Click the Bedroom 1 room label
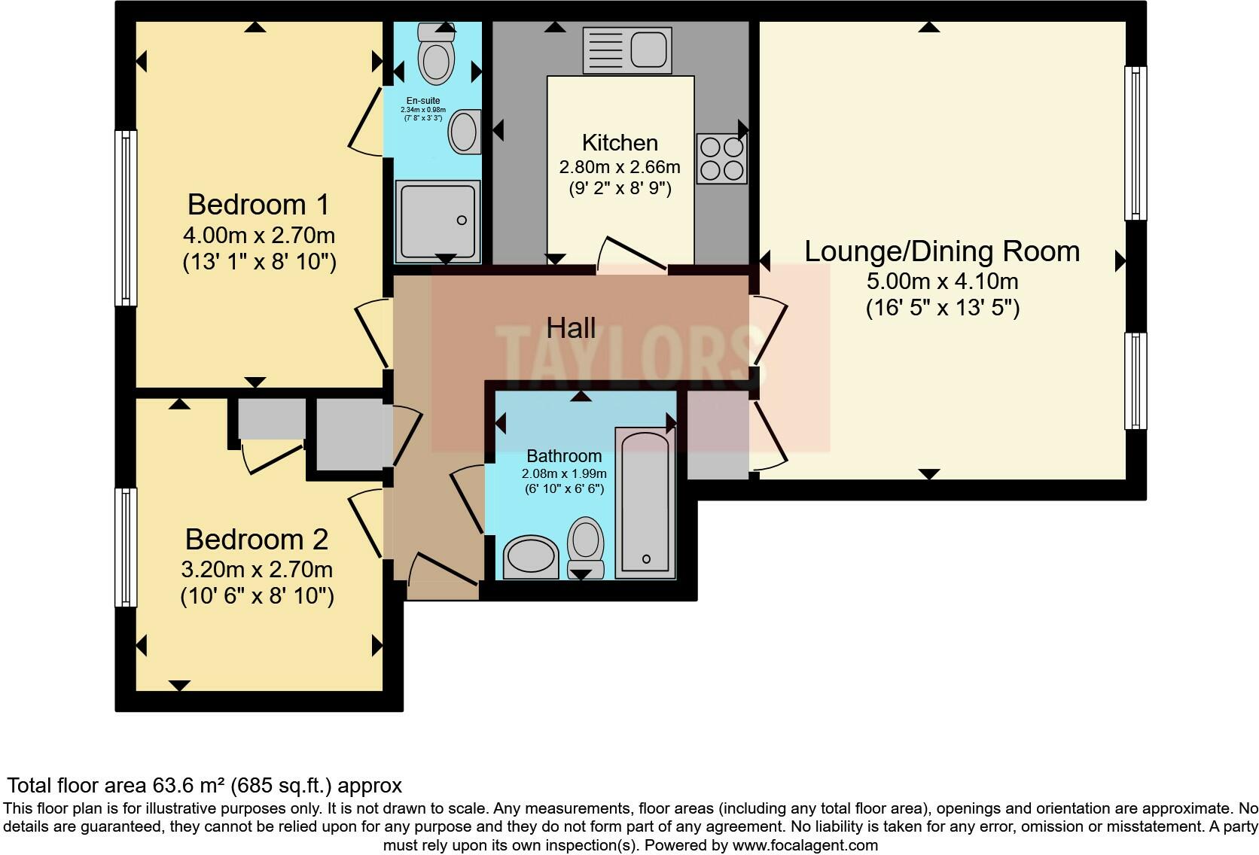point(258,205)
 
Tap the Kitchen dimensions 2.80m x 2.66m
point(620,167)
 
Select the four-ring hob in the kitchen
point(721,158)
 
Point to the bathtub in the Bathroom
point(645,503)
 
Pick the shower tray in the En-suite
point(437,221)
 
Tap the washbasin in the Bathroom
point(530,557)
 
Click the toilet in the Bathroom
point(586,548)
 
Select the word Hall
point(571,328)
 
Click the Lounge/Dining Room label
point(942,251)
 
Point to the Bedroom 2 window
point(126,547)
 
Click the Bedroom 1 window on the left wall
point(126,218)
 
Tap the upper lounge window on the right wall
point(1136,143)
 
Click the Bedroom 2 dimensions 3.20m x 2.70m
point(257,570)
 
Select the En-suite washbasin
point(465,132)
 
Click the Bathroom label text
point(564,456)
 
